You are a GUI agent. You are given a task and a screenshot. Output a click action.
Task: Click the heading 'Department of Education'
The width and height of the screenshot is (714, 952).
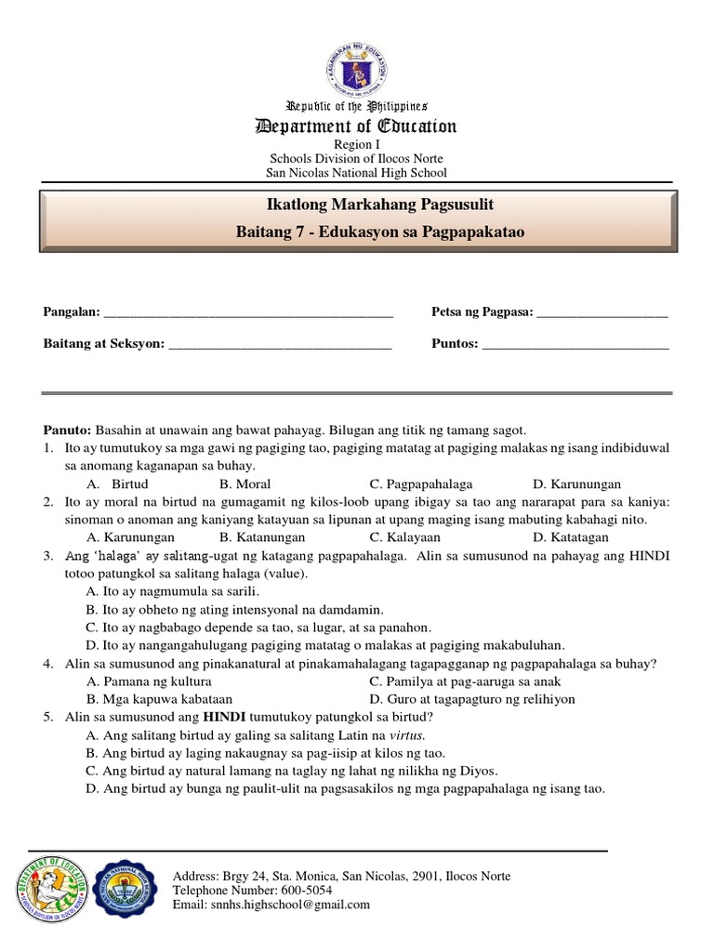tap(357, 126)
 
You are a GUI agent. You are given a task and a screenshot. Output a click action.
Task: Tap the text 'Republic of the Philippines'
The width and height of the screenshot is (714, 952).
tap(357, 107)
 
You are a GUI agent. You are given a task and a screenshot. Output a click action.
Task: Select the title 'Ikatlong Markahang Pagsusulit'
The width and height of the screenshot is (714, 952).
tap(357, 204)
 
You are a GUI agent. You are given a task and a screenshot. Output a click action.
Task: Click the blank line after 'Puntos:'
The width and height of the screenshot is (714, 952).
tap(575, 344)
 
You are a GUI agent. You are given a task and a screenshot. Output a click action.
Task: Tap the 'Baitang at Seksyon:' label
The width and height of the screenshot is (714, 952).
tap(102, 344)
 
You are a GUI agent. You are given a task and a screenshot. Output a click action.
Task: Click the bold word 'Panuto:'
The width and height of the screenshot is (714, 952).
tap(68, 430)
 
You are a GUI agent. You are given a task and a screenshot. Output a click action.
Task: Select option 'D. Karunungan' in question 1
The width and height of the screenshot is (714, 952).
tap(576, 484)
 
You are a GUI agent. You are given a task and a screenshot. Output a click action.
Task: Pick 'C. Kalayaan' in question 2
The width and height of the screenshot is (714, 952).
tap(404, 537)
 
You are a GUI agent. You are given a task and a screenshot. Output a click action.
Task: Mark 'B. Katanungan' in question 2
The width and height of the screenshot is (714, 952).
tap(263, 537)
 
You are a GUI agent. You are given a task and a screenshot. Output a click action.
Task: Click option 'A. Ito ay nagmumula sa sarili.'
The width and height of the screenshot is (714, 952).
tap(172, 590)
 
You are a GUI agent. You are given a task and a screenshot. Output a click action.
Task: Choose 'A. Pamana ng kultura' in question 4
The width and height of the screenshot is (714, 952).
tap(147, 681)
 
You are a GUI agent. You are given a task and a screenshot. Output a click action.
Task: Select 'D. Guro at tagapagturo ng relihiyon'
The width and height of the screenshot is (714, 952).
tap(471, 699)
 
